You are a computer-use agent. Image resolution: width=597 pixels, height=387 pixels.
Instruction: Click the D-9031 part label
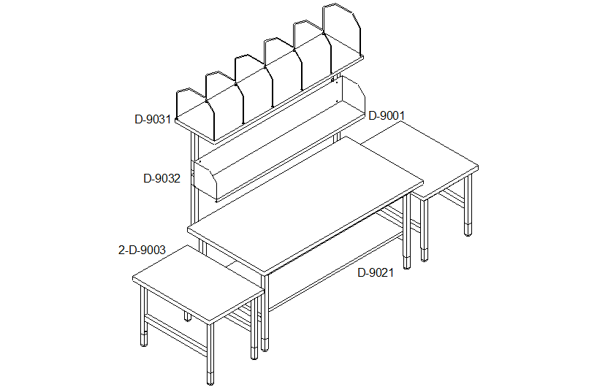(x=153, y=120)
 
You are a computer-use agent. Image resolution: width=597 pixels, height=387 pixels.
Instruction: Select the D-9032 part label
(x=161, y=178)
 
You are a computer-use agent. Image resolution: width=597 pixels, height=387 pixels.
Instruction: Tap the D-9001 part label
(x=387, y=115)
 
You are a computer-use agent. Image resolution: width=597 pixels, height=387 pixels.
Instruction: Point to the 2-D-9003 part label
(x=142, y=250)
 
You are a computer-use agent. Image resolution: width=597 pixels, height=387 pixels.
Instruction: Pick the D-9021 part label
(x=376, y=273)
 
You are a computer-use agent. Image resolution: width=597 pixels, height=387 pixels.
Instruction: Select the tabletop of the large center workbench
(x=305, y=204)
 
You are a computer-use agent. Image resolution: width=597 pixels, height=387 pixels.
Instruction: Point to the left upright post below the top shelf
(x=195, y=179)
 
